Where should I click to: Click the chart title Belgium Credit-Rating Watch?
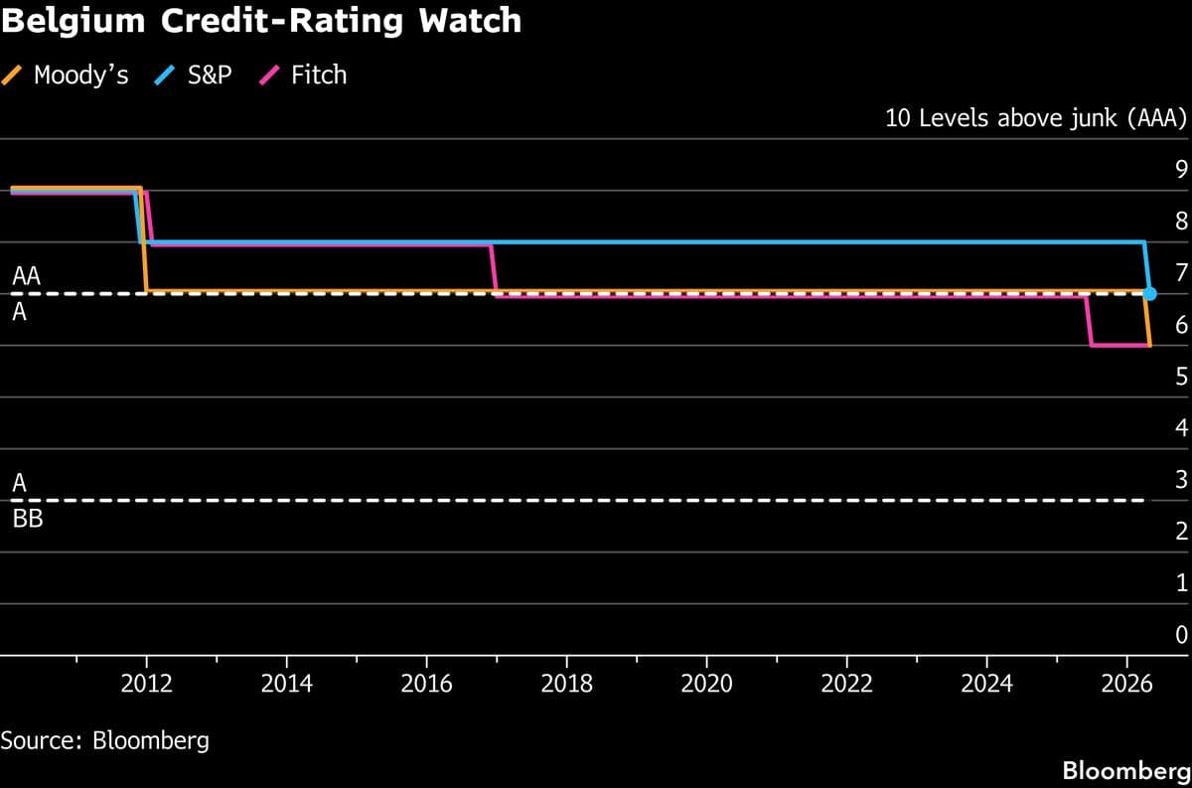[261, 21]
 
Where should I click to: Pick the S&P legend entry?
[196, 75]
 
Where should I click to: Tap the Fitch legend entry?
[305, 75]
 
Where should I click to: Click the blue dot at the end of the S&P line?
[1150, 293]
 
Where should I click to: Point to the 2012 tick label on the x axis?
[146, 684]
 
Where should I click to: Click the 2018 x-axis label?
[566, 684]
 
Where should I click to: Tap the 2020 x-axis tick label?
[706, 684]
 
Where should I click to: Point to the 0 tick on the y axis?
[1181, 634]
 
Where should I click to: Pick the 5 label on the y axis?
[1181, 376]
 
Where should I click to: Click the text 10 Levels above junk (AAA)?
[1036, 118]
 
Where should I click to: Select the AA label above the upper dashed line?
[26, 277]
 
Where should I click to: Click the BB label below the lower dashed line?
[27, 518]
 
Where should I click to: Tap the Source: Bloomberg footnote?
[105, 740]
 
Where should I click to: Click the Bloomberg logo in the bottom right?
[1125, 770]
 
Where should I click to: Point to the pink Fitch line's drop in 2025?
[1089, 320]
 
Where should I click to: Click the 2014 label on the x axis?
[286, 684]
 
